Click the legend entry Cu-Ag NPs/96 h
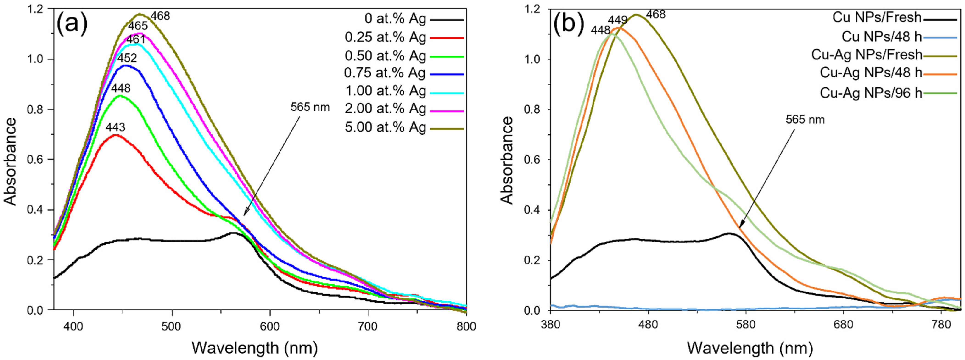[871, 93]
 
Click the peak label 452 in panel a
[127, 59]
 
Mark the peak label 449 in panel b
[618, 20]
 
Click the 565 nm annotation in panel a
[310, 107]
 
